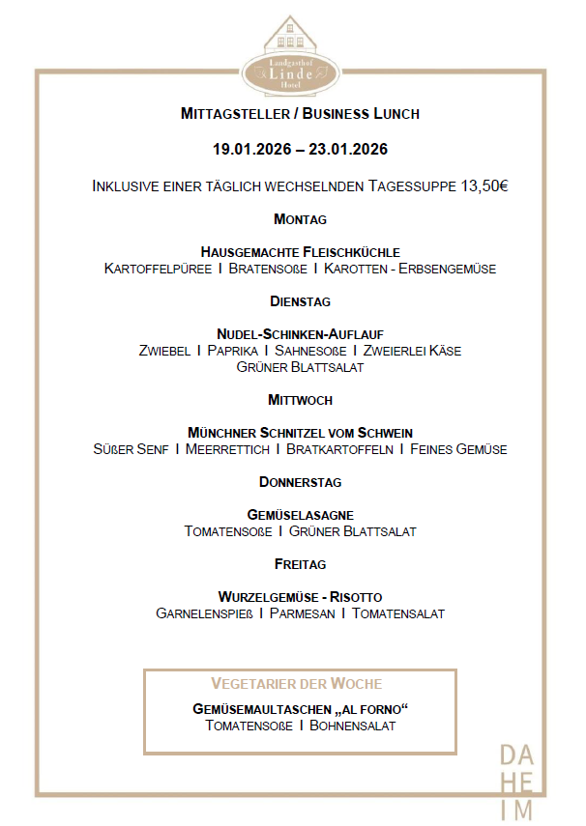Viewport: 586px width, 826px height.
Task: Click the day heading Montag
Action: pyautogui.click(x=300, y=219)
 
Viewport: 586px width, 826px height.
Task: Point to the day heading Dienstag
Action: pyautogui.click(x=300, y=301)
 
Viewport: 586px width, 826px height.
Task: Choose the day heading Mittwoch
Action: pyautogui.click(x=300, y=399)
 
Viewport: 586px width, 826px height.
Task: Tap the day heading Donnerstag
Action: pyautogui.click(x=300, y=481)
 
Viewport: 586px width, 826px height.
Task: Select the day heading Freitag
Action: pyautogui.click(x=300, y=563)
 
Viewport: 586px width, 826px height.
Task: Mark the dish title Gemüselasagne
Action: pyautogui.click(x=300, y=515)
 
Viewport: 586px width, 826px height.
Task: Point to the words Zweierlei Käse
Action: pyautogui.click(x=412, y=351)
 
